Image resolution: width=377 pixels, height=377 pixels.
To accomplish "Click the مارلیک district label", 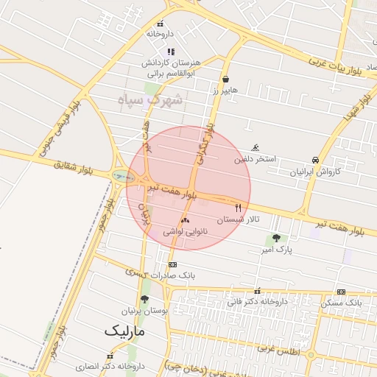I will coord(125,331).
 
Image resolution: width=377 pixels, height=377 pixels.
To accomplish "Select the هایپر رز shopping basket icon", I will coord(225,80).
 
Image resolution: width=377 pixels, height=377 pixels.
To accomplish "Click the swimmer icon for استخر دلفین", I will coord(256,147).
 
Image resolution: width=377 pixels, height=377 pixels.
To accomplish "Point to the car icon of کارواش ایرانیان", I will coord(315,160).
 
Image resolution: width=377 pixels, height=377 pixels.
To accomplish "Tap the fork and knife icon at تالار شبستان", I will coord(238,208).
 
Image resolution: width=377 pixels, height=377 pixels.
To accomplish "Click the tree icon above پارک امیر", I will coord(276,238).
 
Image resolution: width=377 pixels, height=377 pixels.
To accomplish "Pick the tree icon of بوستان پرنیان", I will coord(144,299).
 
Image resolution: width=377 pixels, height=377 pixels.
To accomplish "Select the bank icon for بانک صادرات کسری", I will coord(173,264).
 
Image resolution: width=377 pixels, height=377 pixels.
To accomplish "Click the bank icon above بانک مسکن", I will coord(341,292).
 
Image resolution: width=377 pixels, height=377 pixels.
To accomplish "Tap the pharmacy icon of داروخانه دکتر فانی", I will coord(257,291).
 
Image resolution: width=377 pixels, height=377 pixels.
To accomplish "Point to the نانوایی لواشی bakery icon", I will coord(185,219).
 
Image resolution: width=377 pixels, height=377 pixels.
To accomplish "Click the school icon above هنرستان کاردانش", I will coord(171,52).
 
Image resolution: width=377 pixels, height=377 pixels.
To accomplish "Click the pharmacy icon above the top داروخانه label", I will coord(161,23).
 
